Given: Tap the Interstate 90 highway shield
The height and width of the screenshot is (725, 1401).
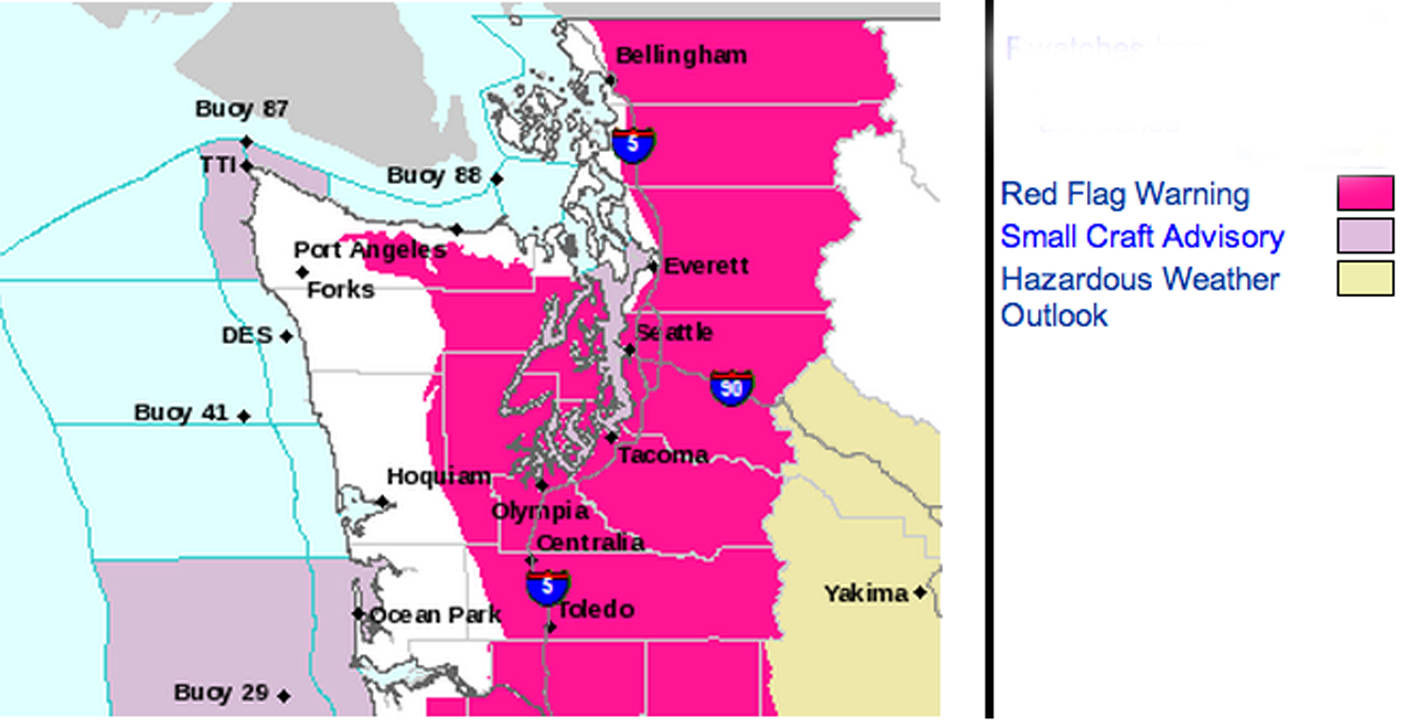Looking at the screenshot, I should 732,388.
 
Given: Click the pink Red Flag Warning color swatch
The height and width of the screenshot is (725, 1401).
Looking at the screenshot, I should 1365,192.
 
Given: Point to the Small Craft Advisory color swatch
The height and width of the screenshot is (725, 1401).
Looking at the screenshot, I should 1365,235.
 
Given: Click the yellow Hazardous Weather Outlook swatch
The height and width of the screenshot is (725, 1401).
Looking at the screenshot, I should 1365,278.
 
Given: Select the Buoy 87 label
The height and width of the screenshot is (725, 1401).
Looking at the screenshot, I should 242,109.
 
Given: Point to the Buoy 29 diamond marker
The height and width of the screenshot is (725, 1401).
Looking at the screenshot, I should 283,696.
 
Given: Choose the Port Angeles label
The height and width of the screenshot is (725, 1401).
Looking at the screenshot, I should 370,250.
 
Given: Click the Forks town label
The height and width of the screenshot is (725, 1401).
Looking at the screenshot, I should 341,290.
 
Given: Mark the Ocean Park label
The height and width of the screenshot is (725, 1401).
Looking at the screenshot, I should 435,615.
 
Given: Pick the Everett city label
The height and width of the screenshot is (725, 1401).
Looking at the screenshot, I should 706,266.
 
